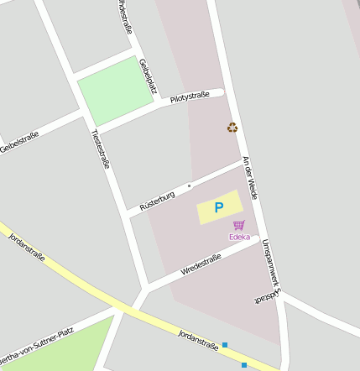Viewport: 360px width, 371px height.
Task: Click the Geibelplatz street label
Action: pos(147,75)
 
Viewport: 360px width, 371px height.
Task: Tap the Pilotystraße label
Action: pos(190,97)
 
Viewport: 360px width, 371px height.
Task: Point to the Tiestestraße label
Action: pos(101,149)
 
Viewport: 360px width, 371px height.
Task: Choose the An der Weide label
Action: pos(249,177)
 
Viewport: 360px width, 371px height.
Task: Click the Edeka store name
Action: pos(239,237)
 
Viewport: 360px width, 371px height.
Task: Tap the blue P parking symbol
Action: pos(219,207)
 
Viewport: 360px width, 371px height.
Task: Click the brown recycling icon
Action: pos(232,128)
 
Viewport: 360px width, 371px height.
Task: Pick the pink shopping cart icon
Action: pos(239,225)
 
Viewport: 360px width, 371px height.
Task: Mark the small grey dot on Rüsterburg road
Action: pos(190,185)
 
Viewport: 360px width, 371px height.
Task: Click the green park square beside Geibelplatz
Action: pos(115,90)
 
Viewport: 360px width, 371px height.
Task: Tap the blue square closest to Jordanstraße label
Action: pos(225,345)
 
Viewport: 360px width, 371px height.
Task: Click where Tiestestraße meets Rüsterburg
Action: pos(127,213)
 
